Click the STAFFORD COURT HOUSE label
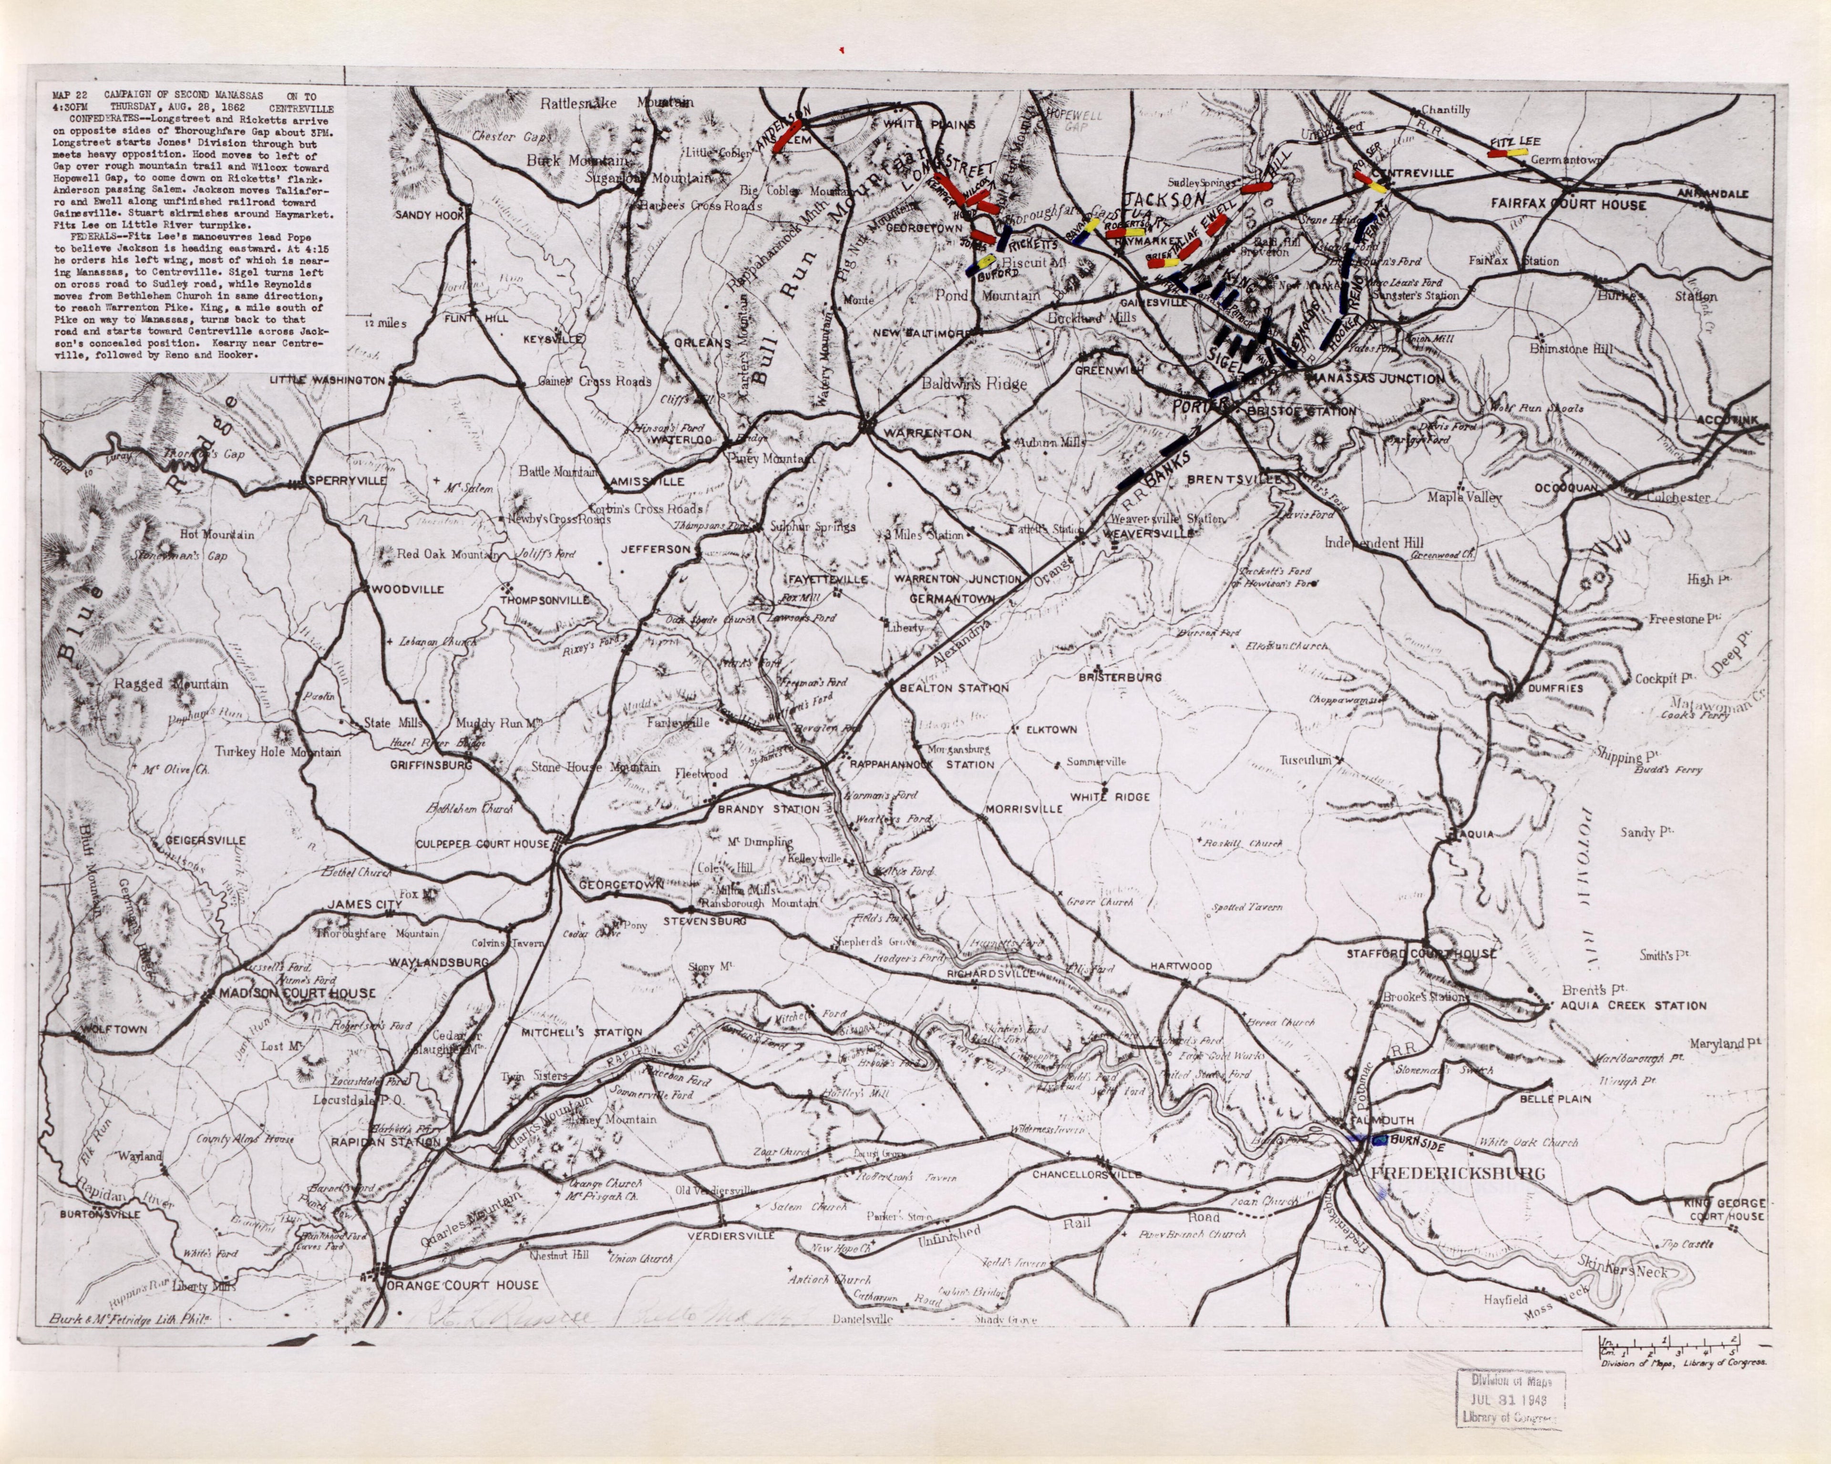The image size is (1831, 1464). (1421, 954)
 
